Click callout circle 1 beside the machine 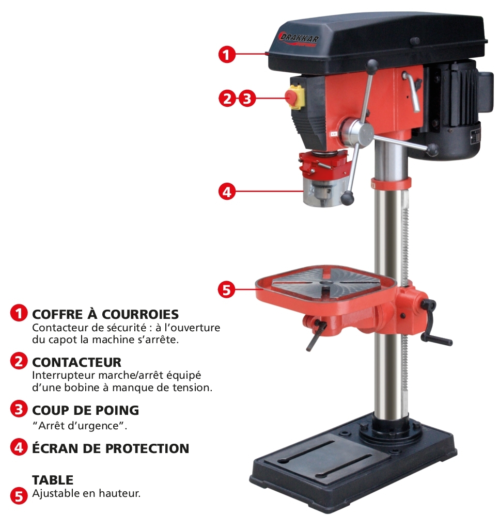point(227,54)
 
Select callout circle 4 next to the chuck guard point(227,191)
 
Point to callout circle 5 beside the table point(227,290)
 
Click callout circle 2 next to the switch point(228,98)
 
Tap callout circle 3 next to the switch point(247,98)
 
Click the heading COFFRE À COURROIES point(105,314)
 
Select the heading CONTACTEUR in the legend point(77,362)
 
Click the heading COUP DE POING point(86,410)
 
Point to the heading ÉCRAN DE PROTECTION point(111,448)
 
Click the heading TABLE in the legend point(53,480)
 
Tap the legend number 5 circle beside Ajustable point(19,495)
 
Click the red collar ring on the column point(391,183)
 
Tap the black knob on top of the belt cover point(414,41)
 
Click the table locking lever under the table point(316,335)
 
